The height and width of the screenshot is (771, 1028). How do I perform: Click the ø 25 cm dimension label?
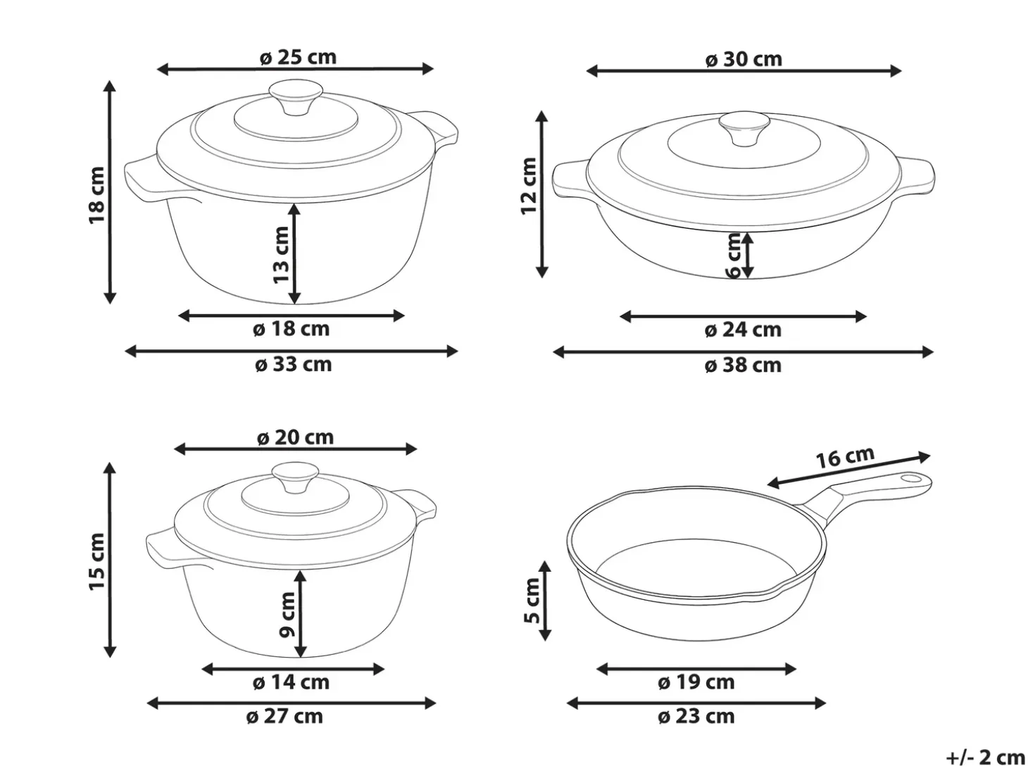click(298, 57)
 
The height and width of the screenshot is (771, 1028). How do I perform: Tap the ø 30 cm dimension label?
click(744, 59)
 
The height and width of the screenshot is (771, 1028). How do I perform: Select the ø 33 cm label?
click(293, 364)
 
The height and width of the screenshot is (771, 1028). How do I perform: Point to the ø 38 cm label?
click(743, 365)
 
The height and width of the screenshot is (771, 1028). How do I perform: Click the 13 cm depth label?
click(281, 254)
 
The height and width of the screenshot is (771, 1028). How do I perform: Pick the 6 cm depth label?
click(734, 255)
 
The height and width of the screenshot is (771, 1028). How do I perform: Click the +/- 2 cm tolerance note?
click(985, 757)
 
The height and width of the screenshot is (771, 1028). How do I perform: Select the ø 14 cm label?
click(291, 682)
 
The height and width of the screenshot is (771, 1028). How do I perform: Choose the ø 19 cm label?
click(696, 682)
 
